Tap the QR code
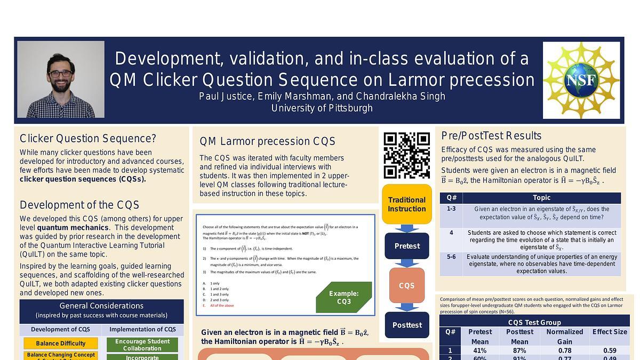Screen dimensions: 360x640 406,155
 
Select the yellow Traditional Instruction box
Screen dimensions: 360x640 406,204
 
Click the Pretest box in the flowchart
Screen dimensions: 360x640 406,246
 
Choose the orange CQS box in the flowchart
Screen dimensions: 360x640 406,285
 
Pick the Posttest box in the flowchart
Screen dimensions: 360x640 406,325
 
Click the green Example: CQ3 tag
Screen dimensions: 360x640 343,298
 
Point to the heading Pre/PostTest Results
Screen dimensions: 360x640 491,135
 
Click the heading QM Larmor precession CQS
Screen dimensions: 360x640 267,141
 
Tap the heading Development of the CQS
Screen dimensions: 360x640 79,205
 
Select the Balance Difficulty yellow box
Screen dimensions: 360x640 61,343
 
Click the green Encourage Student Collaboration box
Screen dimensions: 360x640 142,345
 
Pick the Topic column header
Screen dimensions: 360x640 541,198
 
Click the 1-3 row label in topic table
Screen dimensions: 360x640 451,209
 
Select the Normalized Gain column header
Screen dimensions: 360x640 564,337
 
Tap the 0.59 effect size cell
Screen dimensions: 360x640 609,350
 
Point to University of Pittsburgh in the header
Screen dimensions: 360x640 322,108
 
